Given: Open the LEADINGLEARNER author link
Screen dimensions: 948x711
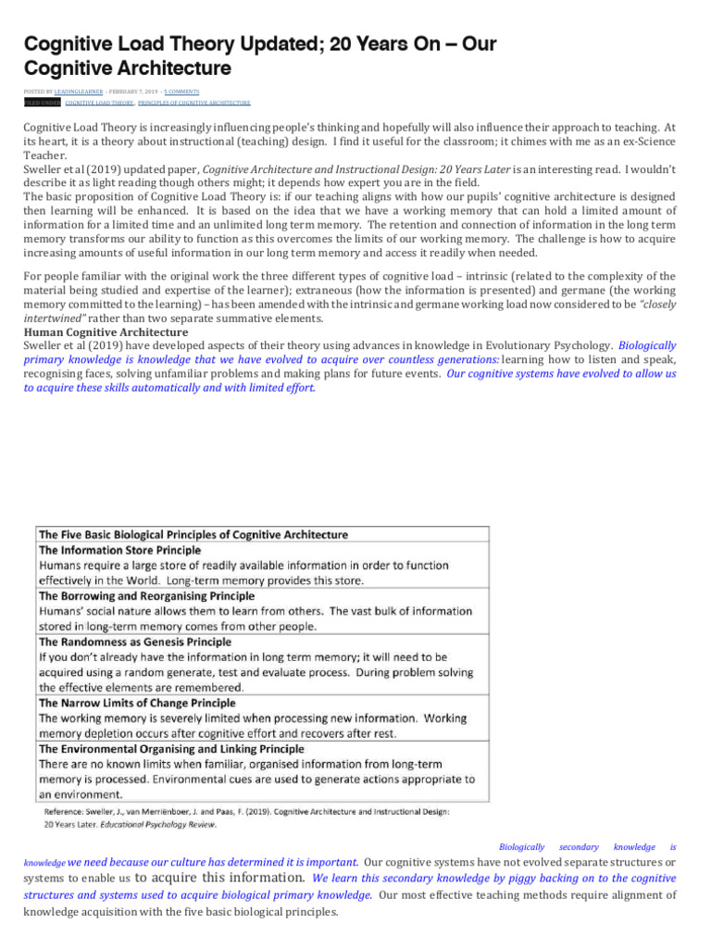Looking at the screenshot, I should click(x=82, y=92).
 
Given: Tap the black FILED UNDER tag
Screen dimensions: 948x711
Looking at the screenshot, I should click(x=42, y=103).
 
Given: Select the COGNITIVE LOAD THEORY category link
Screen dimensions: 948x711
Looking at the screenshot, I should click(x=99, y=103).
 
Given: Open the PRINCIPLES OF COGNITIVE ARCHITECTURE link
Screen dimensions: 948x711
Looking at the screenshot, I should click(x=194, y=103).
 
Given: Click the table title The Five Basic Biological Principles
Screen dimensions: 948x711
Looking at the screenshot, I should click(x=193, y=534).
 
